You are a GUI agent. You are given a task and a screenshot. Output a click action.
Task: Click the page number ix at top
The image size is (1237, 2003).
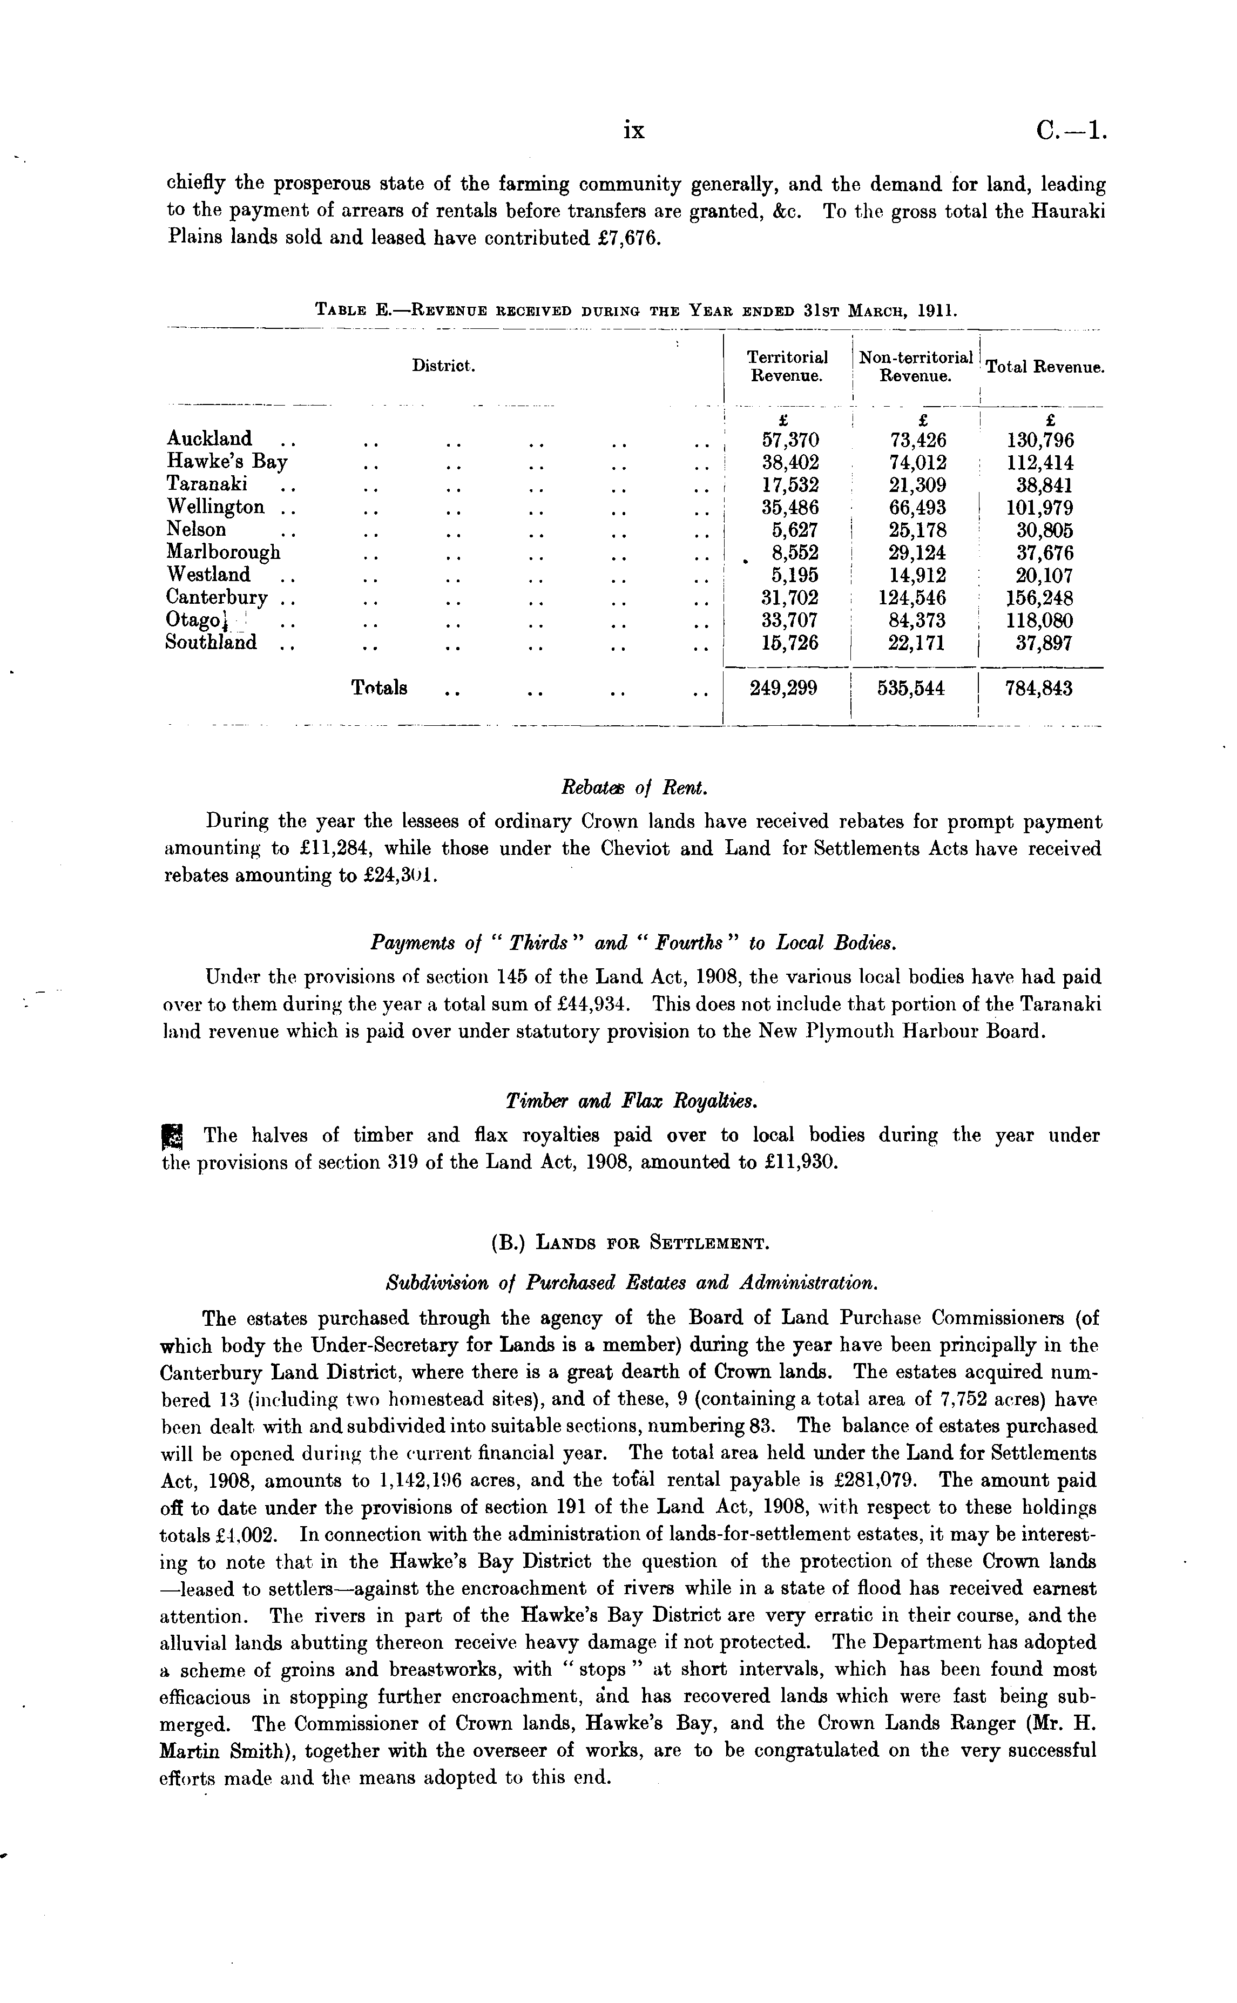click(x=634, y=130)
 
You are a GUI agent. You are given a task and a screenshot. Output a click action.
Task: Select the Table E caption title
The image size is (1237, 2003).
click(x=636, y=311)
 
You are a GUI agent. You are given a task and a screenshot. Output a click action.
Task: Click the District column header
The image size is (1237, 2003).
click(x=443, y=366)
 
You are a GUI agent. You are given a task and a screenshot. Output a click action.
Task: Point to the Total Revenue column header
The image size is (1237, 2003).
click(x=1045, y=367)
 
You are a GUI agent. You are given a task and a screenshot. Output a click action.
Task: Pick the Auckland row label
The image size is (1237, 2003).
click(x=209, y=439)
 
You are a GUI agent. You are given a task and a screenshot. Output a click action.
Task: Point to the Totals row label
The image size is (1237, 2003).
click(x=380, y=688)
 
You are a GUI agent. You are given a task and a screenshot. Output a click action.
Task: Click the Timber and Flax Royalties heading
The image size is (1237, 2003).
click(x=632, y=1101)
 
